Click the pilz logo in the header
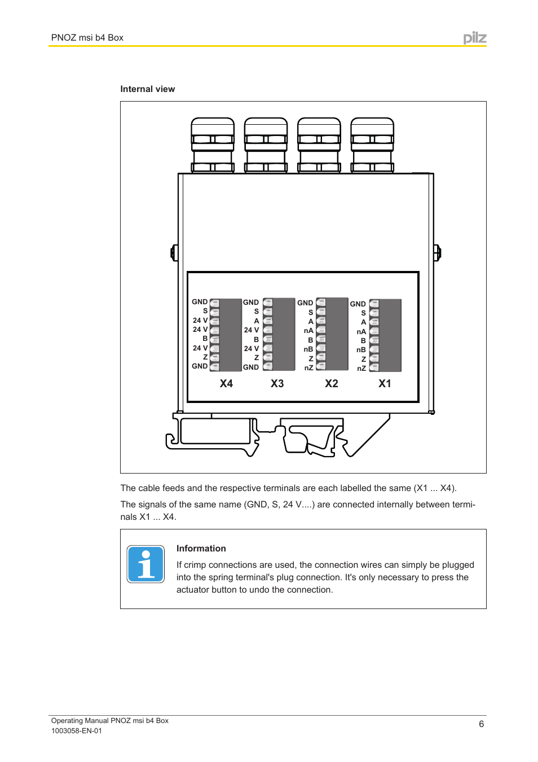click(x=475, y=38)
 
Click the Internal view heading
click(x=147, y=89)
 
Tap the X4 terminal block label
click(x=226, y=384)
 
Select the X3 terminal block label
click(x=277, y=384)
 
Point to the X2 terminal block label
click(x=332, y=384)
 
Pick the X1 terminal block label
click(x=385, y=384)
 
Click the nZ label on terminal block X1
click(x=361, y=369)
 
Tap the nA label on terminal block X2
click(x=308, y=331)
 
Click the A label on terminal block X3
click(x=257, y=321)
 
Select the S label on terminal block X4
click(x=205, y=311)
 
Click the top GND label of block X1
click(x=358, y=304)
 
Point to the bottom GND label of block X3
click(x=251, y=367)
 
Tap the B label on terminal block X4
click(x=205, y=339)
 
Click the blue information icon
click(x=145, y=564)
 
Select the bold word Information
click(x=201, y=549)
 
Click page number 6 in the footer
click(x=481, y=724)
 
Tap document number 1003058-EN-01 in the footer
click(x=77, y=731)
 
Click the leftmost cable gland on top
click(x=213, y=145)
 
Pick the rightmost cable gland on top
click(x=372, y=145)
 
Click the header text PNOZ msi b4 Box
click(x=87, y=38)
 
